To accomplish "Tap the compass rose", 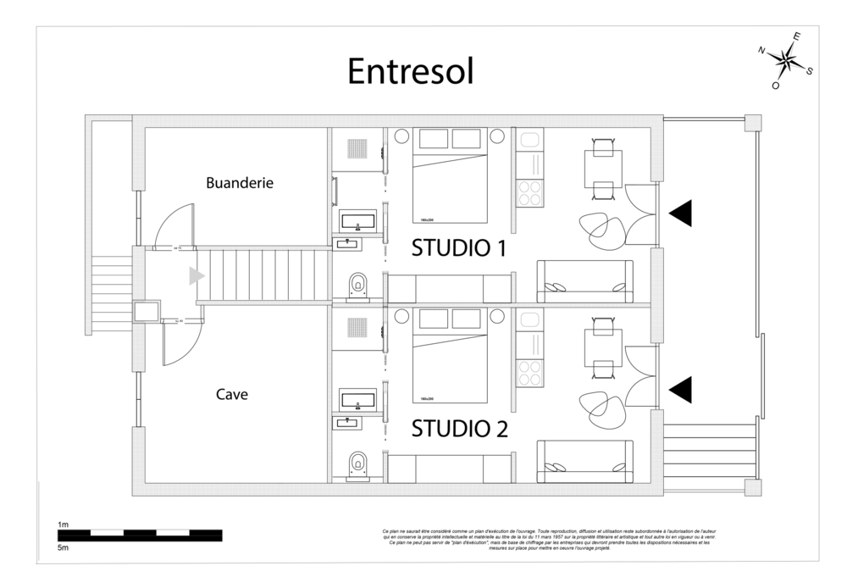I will pyautogui.click(x=787, y=60).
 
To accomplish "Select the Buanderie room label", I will pyautogui.click(x=240, y=182).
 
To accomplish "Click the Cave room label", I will pyautogui.click(x=231, y=394).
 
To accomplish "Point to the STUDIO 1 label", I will pyautogui.click(x=458, y=249).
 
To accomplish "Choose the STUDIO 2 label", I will pyautogui.click(x=458, y=429).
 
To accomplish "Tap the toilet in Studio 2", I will pyautogui.click(x=357, y=463).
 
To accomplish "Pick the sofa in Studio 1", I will pyautogui.click(x=584, y=280).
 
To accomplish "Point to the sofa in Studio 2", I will pyautogui.click(x=584, y=460).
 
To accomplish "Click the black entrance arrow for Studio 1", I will pyautogui.click(x=680, y=214).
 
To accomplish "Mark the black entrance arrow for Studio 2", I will pyautogui.click(x=680, y=389).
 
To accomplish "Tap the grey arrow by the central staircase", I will pyautogui.click(x=197, y=275).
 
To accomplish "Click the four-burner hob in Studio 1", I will pyautogui.click(x=529, y=193).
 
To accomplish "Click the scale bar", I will pyautogui.click(x=139, y=535).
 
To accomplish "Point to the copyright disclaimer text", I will pyautogui.click(x=546, y=540).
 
